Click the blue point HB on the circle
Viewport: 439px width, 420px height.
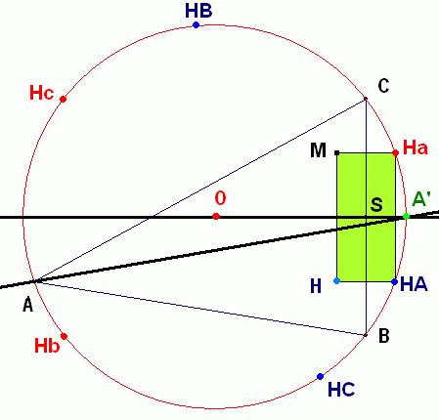click(x=196, y=24)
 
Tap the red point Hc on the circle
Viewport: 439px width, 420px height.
click(x=64, y=99)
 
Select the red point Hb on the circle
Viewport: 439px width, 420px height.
click(x=65, y=336)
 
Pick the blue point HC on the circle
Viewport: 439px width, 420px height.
click(x=320, y=376)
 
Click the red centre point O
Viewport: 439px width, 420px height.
click(x=216, y=216)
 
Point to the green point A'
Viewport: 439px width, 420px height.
click(x=406, y=216)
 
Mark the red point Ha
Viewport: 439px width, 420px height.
click(x=395, y=152)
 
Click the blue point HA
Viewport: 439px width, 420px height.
click(x=394, y=281)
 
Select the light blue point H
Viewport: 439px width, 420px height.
click(x=337, y=280)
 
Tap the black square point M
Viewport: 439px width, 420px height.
click(x=337, y=152)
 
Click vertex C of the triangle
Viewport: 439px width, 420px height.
click(x=366, y=99)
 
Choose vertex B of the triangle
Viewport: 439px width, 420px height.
click(x=366, y=335)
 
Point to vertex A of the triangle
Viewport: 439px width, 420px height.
click(x=36, y=281)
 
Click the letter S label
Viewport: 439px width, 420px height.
click(x=376, y=205)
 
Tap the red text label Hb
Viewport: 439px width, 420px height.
click(x=47, y=346)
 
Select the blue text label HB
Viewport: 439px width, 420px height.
click(x=198, y=11)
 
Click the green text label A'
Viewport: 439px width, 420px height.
click(x=421, y=199)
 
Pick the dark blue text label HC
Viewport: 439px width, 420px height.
click(x=341, y=390)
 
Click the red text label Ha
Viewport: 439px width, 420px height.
click(x=416, y=147)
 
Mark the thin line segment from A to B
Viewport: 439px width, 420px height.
click(x=200, y=308)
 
